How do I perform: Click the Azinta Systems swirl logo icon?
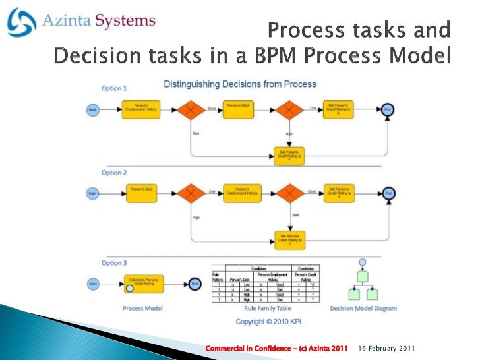pyautogui.click(x=22, y=22)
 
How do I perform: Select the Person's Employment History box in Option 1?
pyautogui.click(x=140, y=109)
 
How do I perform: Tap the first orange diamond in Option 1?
pyautogui.click(x=191, y=110)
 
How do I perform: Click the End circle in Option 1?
pyautogui.click(x=389, y=110)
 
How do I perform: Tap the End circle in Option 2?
pyautogui.click(x=390, y=193)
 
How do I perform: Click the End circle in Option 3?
pyautogui.click(x=195, y=284)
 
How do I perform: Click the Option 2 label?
pyautogui.click(x=114, y=173)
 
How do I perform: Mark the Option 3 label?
pyautogui.click(x=114, y=263)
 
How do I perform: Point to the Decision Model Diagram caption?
pyautogui.click(x=362, y=308)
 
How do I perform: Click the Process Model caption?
pyautogui.click(x=143, y=308)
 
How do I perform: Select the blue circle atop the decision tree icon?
pyautogui.click(x=361, y=262)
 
